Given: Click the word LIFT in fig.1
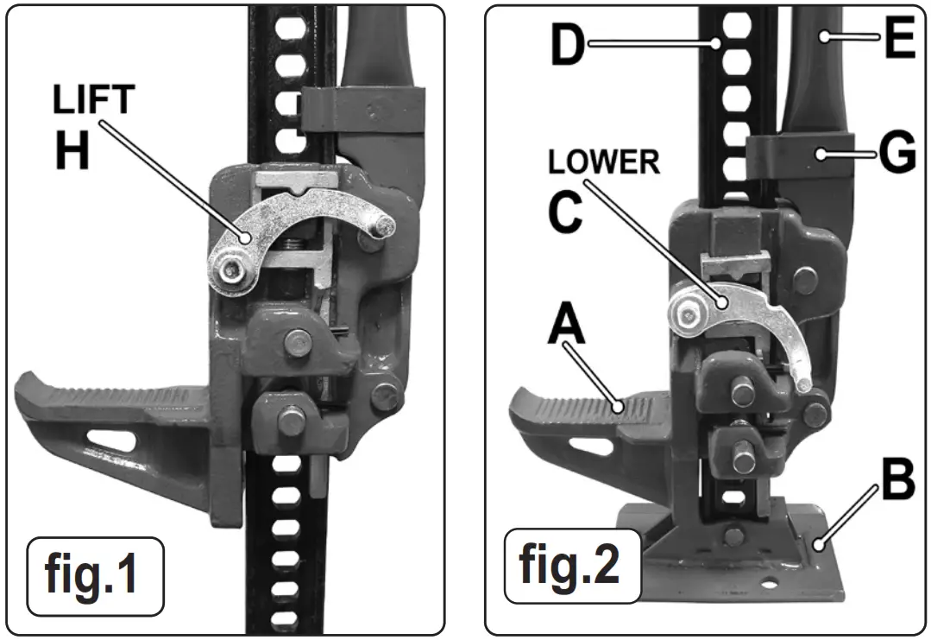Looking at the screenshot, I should click(x=93, y=100).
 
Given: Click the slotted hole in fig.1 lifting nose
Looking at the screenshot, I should click(x=113, y=440).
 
